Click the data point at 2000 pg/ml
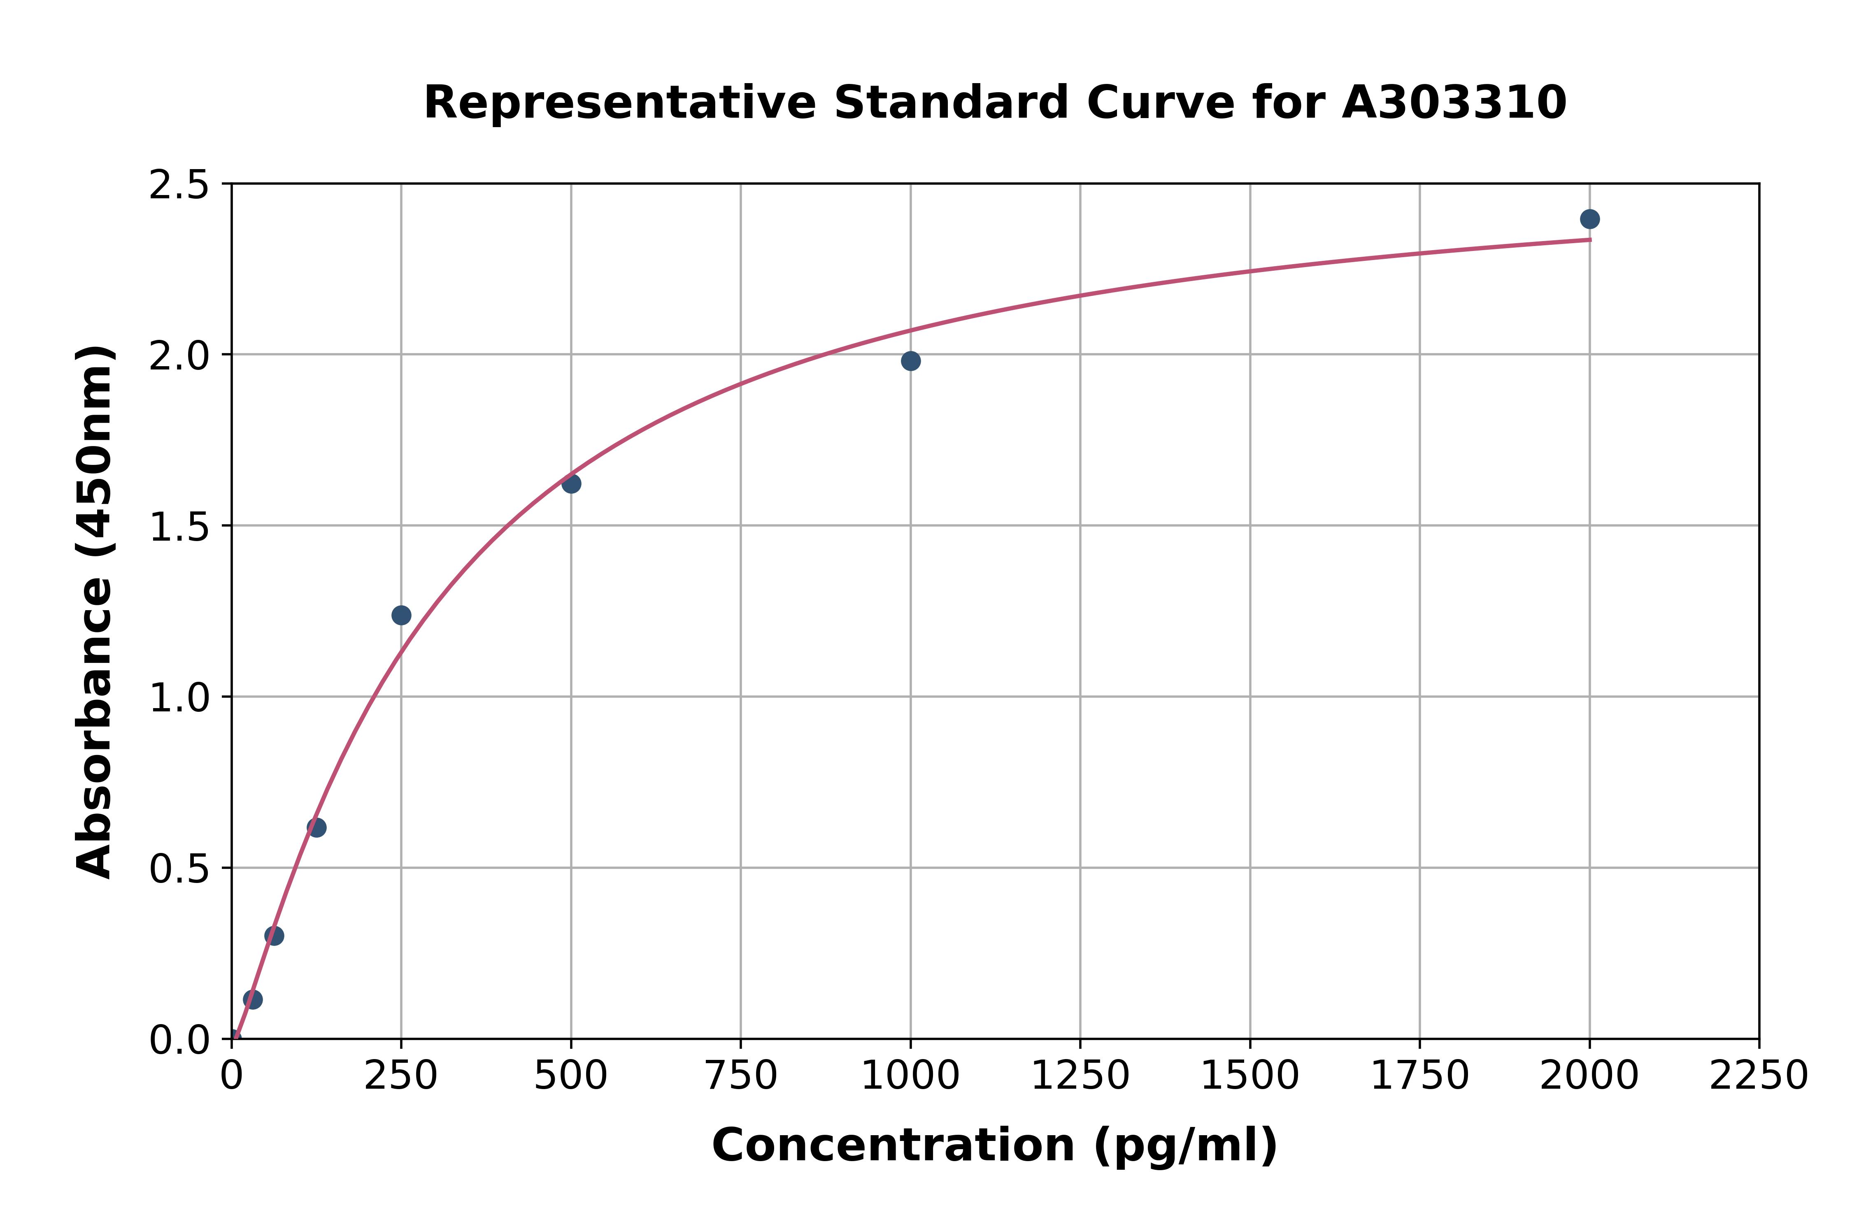1589,219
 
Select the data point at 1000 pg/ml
910,361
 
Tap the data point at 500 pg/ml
571,484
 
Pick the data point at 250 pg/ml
401,616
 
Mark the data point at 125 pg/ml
316,828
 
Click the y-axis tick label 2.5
179,186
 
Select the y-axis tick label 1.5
179,527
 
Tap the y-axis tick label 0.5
179,868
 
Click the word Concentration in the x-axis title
893,1145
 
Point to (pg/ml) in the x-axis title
1185,1145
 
